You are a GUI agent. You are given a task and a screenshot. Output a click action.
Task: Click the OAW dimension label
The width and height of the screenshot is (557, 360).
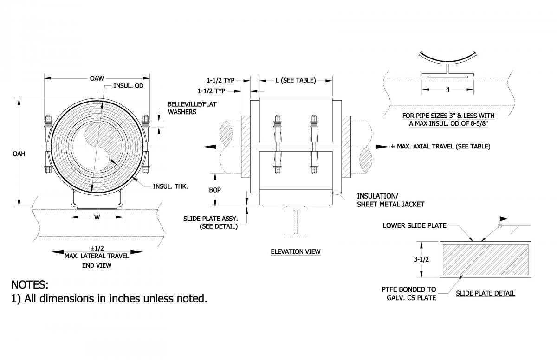[x=97, y=78]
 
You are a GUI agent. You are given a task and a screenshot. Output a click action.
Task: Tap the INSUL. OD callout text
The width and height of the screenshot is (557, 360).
[x=129, y=86]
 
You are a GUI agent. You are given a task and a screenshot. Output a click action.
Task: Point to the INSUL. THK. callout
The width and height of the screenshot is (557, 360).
[x=170, y=186]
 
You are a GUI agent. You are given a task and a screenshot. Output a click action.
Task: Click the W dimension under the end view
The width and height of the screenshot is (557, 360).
[x=97, y=217]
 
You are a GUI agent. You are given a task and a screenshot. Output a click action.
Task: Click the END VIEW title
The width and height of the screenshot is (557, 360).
[x=97, y=265]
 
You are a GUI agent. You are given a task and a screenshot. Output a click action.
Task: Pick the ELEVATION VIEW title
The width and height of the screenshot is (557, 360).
[x=295, y=252]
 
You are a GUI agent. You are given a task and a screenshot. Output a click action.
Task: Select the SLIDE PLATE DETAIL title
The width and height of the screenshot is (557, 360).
[x=485, y=293]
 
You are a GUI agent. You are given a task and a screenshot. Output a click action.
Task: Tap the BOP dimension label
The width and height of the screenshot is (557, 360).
[x=214, y=190]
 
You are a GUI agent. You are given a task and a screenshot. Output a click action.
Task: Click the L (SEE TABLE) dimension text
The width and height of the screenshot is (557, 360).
[x=295, y=80]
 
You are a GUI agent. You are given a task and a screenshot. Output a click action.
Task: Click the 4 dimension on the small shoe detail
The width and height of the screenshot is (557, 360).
[x=447, y=90]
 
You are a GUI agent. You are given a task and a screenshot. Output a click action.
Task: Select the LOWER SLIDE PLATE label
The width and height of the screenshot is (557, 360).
[x=415, y=226]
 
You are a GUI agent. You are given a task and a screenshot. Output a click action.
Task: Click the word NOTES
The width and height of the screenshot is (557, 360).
[x=30, y=284]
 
